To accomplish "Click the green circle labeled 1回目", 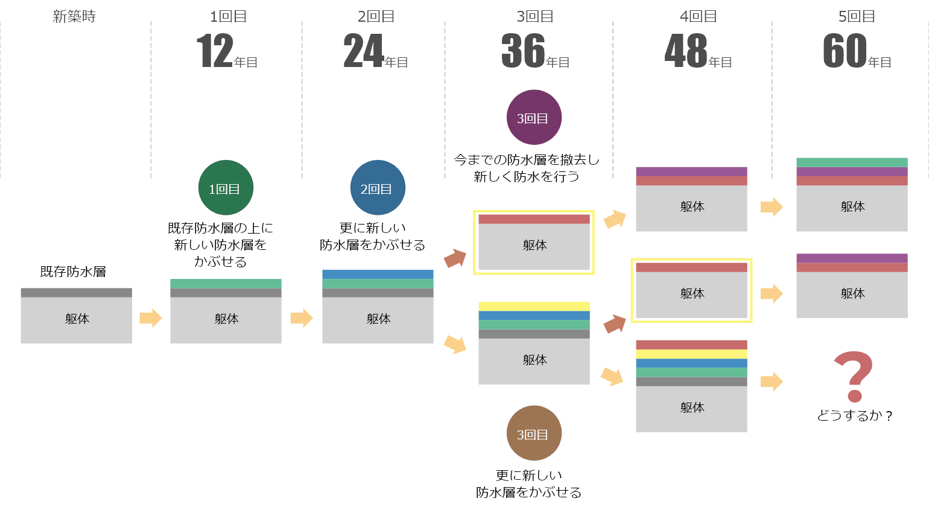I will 226,188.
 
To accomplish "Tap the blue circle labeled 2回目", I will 378,188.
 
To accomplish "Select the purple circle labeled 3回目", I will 534,118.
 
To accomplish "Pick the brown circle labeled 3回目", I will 534,434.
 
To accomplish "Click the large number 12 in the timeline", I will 215,51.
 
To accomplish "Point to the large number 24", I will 363,51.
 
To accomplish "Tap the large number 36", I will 523,51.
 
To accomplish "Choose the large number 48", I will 686,51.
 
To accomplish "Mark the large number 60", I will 845,51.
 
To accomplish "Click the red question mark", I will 854,376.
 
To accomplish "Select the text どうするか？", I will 854,416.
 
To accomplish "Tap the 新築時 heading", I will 74,17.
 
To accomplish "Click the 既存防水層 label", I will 73,272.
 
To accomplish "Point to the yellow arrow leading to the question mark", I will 772,381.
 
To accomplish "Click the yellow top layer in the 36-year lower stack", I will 534,307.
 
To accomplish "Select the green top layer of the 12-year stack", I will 226,284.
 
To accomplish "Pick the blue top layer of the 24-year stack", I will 378,275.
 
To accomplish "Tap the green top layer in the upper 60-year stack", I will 852,162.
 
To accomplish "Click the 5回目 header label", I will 857,17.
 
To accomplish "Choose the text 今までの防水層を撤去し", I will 527,160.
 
